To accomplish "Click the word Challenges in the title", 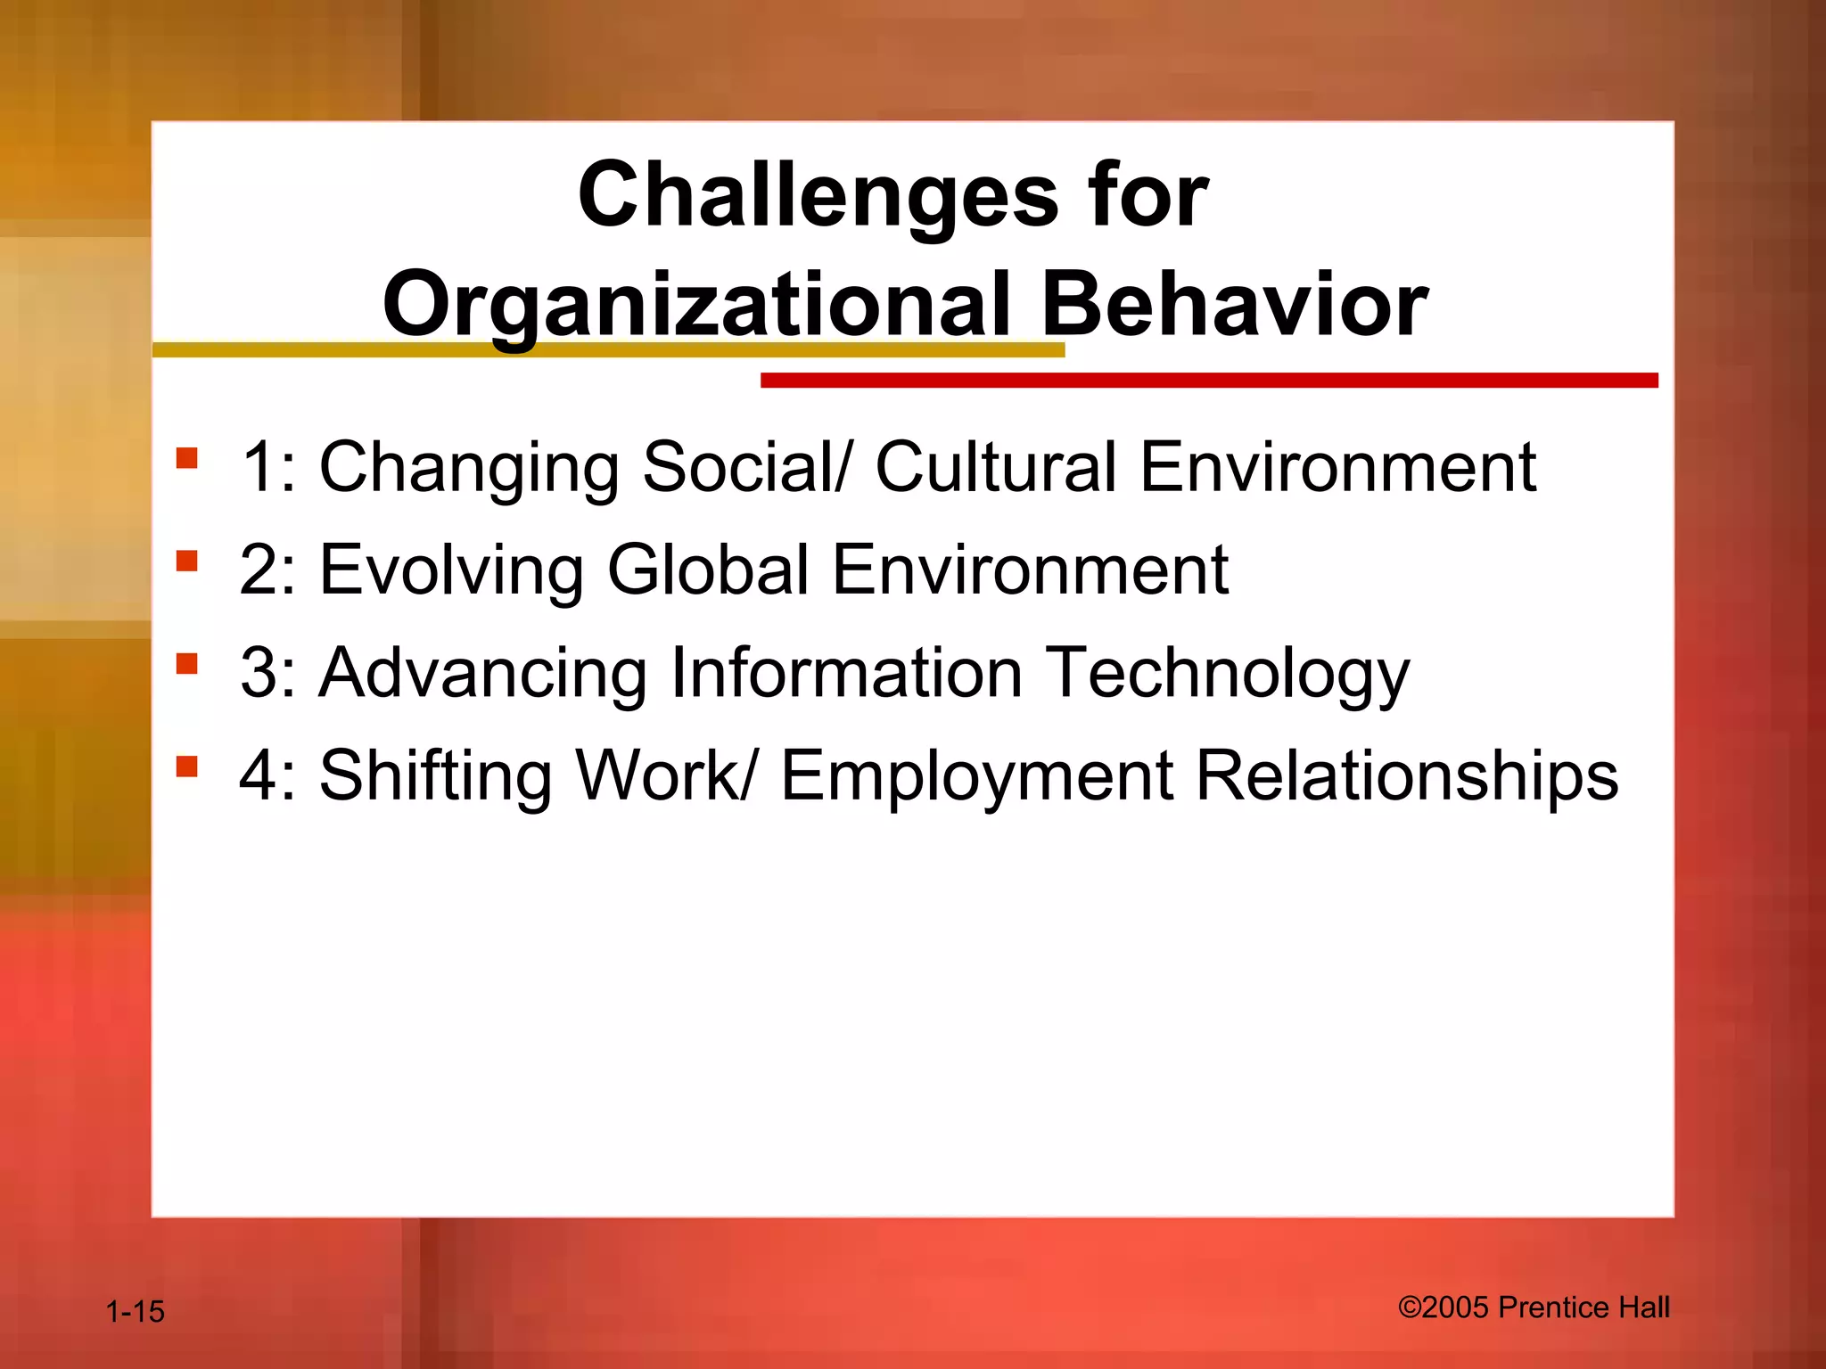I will tap(818, 196).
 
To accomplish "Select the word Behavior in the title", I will tap(1234, 306).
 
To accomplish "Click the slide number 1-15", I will tap(135, 1312).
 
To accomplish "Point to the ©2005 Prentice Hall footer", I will tap(1534, 1308).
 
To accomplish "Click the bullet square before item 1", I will tap(187, 458).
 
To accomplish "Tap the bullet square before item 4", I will tap(187, 766).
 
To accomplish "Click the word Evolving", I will tap(451, 570).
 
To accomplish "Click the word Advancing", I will tap(483, 673).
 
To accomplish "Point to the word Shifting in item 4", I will tap(436, 776).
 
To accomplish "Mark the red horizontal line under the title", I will tap(1208, 381).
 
